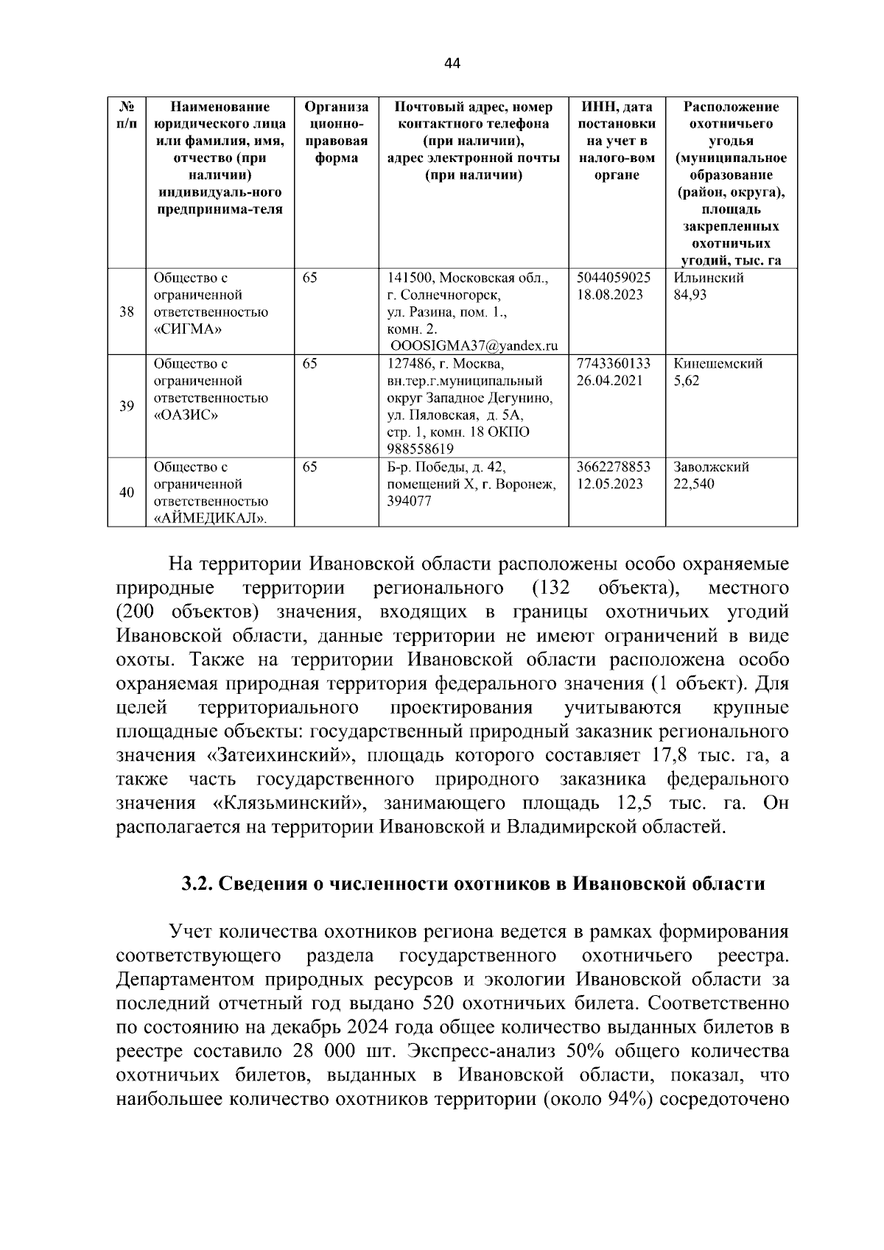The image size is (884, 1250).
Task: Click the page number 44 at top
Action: [x=452, y=64]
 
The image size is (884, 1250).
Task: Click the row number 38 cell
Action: [x=127, y=312]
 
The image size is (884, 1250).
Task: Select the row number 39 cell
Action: [x=127, y=407]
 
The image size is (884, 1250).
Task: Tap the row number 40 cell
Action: [x=127, y=492]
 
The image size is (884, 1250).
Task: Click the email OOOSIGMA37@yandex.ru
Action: [x=474, y=346]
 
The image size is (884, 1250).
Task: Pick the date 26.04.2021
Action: [x=610, y=381]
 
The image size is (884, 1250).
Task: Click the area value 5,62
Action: [x=687, y=381]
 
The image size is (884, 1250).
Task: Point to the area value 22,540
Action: [x=693, y=484]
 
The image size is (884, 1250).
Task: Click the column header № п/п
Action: [x=127, y=115]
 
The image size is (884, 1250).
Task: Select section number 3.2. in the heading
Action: [x=197, y=884]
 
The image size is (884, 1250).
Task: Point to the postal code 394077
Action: [x=409, y=501]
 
